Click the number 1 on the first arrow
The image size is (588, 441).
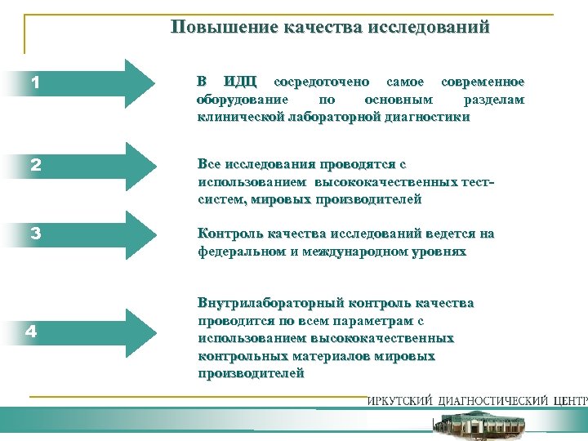[35, 83]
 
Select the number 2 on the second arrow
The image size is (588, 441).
[35, 164]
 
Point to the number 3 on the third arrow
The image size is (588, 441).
[35, 233]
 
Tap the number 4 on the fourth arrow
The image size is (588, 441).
[30, 332]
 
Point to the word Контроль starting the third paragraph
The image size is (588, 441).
[227, 234]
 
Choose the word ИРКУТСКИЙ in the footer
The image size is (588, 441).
[401, 401]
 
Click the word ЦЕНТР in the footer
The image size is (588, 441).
[568, 401]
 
